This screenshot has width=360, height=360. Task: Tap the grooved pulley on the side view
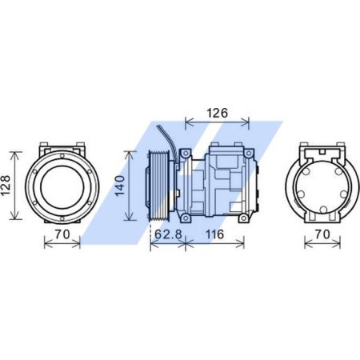coord(158,185)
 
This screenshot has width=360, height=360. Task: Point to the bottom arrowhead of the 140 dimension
coord(131,219)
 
